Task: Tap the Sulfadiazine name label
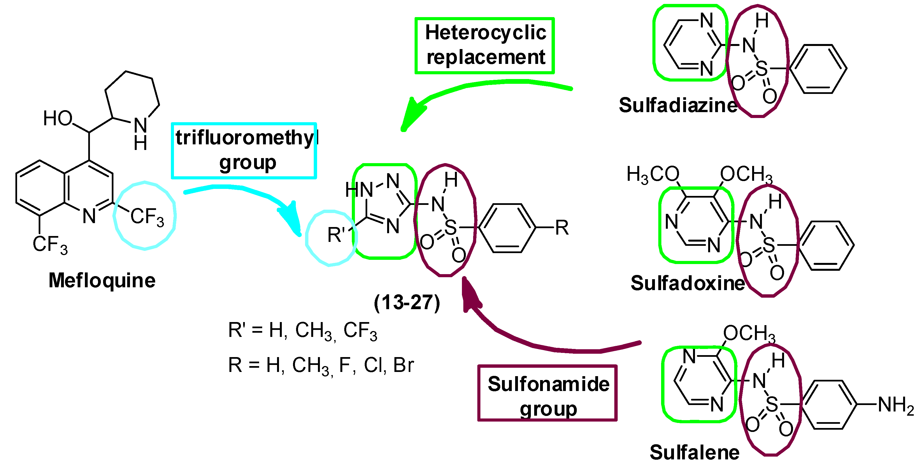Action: (x=678, y=105)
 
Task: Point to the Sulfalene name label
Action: (x=694, y=452)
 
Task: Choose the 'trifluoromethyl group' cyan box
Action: (x=244, y=151)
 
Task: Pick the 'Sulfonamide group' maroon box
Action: (x=547, y=393)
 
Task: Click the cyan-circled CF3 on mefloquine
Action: (x=146, y=216)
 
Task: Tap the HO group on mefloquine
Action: (x=58, y=118)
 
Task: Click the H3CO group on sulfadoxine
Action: (x=652, y=175)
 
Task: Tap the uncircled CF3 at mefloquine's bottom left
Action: (x=50, y=244)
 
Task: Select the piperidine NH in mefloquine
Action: (x=140, y=133)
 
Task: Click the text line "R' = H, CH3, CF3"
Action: (x=303, y=330)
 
